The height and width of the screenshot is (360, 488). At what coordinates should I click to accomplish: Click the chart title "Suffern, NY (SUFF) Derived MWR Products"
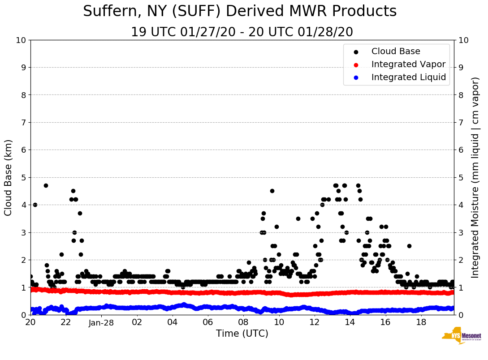coord(240,12)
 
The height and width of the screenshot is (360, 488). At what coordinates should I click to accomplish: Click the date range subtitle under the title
coord(242,32)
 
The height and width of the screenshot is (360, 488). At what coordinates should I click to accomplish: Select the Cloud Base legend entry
coord(396,51)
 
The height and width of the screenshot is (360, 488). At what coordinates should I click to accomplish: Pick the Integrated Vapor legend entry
coord(408,64)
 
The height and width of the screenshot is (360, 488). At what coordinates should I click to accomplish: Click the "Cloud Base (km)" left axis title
coord(9,177)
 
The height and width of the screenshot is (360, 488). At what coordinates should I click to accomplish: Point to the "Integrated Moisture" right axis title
coord(475,177)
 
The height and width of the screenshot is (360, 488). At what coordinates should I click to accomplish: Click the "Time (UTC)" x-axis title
coord(242,334)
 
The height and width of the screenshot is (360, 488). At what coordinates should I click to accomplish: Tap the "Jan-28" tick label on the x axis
coord(101,322)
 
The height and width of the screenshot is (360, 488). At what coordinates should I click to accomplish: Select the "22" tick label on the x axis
coord(66,322)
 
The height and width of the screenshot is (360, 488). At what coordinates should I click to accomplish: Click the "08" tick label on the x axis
coord(243,322)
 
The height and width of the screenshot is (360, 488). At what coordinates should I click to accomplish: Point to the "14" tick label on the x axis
coord(350,322)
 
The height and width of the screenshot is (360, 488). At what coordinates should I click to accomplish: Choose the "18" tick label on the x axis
coord(421,322)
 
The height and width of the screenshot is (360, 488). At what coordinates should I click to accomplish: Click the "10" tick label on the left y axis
coord(21,40)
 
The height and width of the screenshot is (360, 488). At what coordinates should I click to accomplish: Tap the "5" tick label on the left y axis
coord(23,177)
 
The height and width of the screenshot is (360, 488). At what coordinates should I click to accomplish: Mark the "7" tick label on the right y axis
coord(461,123)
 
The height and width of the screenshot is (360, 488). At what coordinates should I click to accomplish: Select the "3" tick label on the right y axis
coord(461,232)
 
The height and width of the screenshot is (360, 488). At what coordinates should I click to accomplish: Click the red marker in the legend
coord(356,64)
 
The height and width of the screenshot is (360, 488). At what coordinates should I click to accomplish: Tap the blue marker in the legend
coord(356,77)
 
